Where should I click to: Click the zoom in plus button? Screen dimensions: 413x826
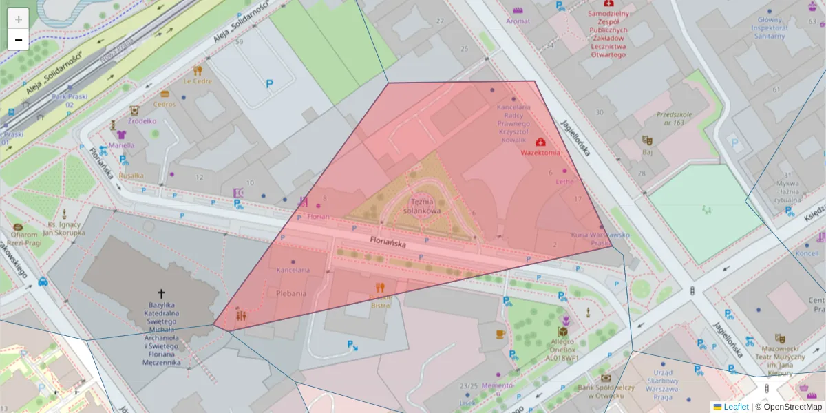(19, 19)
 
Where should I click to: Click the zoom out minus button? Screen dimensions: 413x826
(19, 40)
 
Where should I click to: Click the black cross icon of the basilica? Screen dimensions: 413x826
(162, 293)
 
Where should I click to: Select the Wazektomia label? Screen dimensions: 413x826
(540, 152)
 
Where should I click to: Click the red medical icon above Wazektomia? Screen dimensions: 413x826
(540, 141)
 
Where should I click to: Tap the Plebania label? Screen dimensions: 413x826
(291, 293)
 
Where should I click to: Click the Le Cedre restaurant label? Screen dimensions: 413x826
(198, 81)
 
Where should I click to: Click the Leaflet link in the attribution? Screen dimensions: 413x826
(736, 407)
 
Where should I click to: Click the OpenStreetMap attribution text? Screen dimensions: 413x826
(788, 407)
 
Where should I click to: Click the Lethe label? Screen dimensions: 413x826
(564, 182)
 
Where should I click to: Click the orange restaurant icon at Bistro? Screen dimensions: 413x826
(379, 287)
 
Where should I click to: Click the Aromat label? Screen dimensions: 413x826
(518, 21)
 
